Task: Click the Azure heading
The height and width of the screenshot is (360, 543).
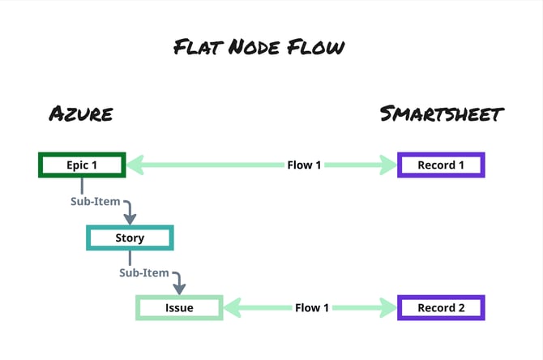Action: [80, 114]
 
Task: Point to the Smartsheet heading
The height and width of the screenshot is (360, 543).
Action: [443, 114]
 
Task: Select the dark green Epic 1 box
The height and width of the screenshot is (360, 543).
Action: [81, 165]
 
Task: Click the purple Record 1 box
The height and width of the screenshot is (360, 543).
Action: [441, 165]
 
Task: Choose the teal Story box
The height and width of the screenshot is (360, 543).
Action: [130, 238]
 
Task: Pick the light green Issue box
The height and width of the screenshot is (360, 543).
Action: [178, 308]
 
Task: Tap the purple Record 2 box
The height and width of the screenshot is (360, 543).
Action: [441, 308]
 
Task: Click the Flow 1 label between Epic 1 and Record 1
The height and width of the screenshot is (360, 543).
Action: [304, 165]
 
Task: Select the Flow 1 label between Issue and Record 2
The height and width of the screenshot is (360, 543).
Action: [312, 308]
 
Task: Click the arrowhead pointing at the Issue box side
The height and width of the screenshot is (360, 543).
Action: [233, 308]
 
